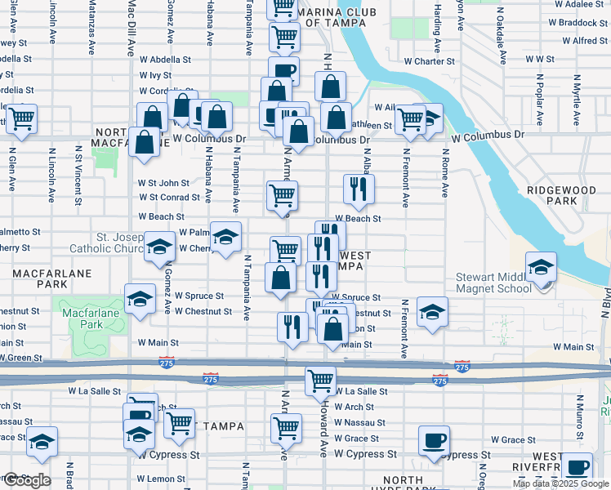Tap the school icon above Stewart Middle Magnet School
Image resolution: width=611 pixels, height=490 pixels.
[541, 267]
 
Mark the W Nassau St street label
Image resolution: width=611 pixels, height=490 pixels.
[359, 422]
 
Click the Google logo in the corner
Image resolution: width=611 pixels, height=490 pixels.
[26, 480]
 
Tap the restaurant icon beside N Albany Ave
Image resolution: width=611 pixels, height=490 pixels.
[359, 189]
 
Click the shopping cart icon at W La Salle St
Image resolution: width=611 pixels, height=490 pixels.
[321, 380]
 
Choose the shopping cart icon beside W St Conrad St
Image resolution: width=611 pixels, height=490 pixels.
[283, 194]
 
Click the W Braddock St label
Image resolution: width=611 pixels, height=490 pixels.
[569, 22]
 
